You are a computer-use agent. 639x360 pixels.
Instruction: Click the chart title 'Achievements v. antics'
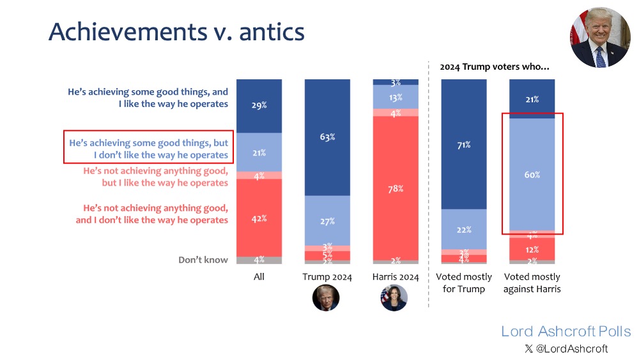pyautogui.click(x=176, y=31)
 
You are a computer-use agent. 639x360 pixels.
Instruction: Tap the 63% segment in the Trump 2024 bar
pyautogui.click(x=327, y=137)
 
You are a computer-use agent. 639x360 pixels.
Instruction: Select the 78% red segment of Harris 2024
pyautogui.click(x=396, y=189)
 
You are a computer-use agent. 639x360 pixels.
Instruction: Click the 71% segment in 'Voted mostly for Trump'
pyautogui.click(x=464, y=145)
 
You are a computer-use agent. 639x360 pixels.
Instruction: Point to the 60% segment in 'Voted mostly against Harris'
pyautogui.click(x=532, y=175)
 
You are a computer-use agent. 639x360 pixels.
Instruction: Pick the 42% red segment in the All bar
pyautogui.click(x=259, y=218)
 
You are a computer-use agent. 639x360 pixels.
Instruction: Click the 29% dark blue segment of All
pyautogui.click(x=259, y=106)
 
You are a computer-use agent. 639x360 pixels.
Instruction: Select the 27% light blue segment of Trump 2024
pyautogui.click(x=327, y=221)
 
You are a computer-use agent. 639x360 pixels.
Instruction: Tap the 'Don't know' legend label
pyautogui.click(x=203, y=260)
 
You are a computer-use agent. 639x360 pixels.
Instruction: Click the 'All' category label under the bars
pyautogui.click(x=259, y=277)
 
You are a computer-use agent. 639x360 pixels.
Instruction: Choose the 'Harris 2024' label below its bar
pyautogui.click(x=396, y=277)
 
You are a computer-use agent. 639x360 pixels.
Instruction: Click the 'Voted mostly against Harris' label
pyautogui.click(x=532, y=283)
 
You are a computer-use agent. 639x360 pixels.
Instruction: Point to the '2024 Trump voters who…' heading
pyautogui.click(x=495, y=67)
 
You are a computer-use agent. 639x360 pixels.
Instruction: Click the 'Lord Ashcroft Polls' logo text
pyautogui.click(x=566, y=331)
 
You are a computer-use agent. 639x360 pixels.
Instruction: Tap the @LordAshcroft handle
pyautogui.click(x=566, y=348)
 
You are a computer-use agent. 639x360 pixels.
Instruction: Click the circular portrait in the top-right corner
pyautogui.click(x=600, y=37)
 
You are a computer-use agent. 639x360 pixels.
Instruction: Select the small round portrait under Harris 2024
pyautogui.click(x=394, y=298)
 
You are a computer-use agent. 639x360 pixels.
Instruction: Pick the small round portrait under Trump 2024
pyautogui.click(x=326, y=298)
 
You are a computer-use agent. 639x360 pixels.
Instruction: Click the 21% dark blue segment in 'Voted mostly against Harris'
pyautogui.click(x=532, y=99)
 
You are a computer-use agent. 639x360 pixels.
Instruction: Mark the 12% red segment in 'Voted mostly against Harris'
pyautogui.click(x=532, y=249)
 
